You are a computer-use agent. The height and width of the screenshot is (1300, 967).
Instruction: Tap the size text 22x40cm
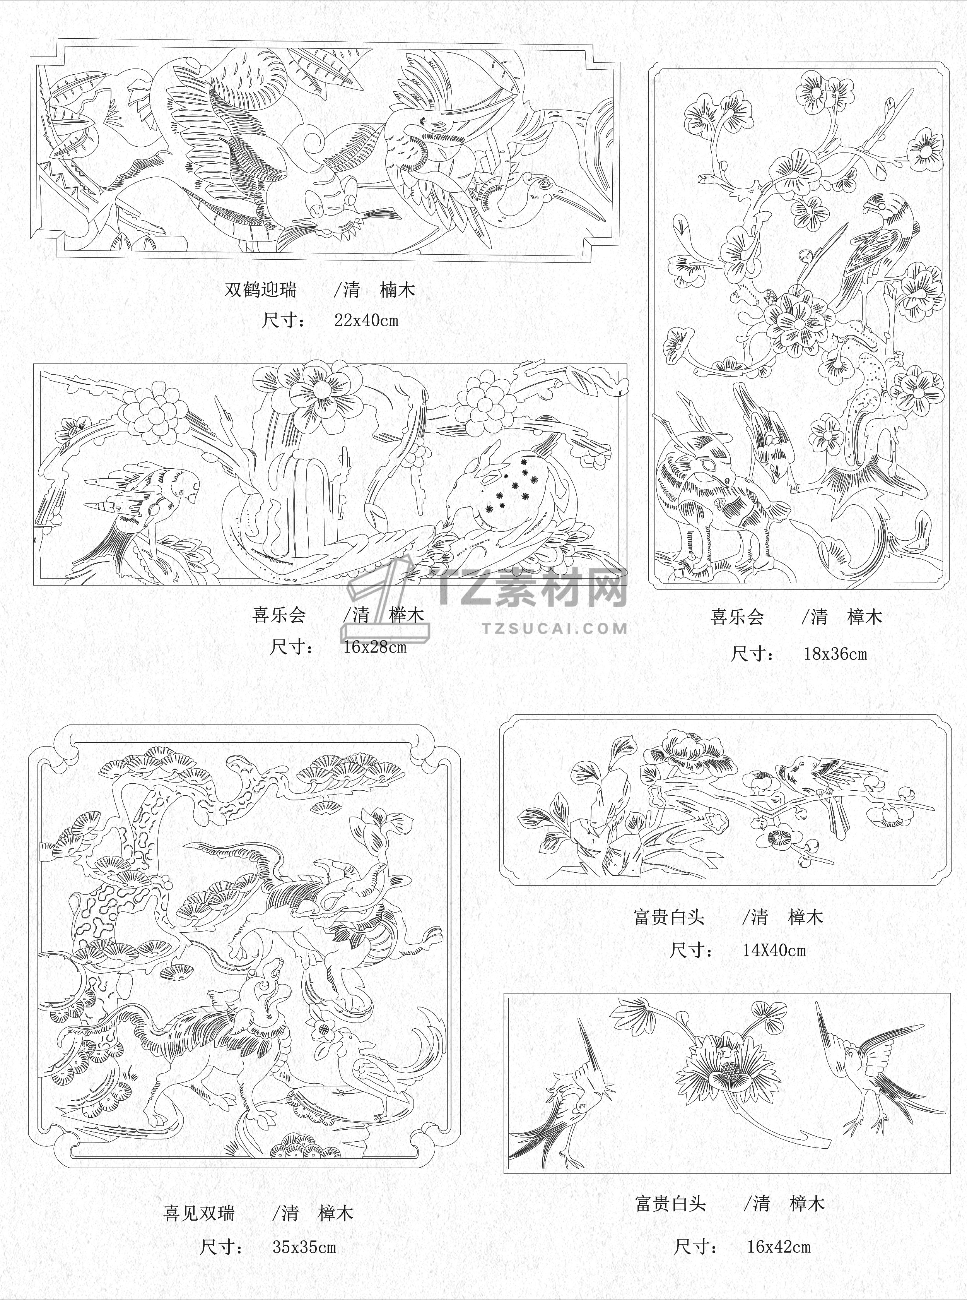point(366,320)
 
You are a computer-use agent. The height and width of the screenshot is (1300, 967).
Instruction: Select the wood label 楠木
point(398,289)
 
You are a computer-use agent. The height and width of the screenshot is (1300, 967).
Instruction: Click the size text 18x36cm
point(835,654)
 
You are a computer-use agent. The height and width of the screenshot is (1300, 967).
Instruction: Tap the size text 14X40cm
point(774,951)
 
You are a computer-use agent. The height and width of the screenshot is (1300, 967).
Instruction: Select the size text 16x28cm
point(375,647)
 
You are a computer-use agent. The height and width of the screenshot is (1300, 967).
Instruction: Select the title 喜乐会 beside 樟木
point(738,617)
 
